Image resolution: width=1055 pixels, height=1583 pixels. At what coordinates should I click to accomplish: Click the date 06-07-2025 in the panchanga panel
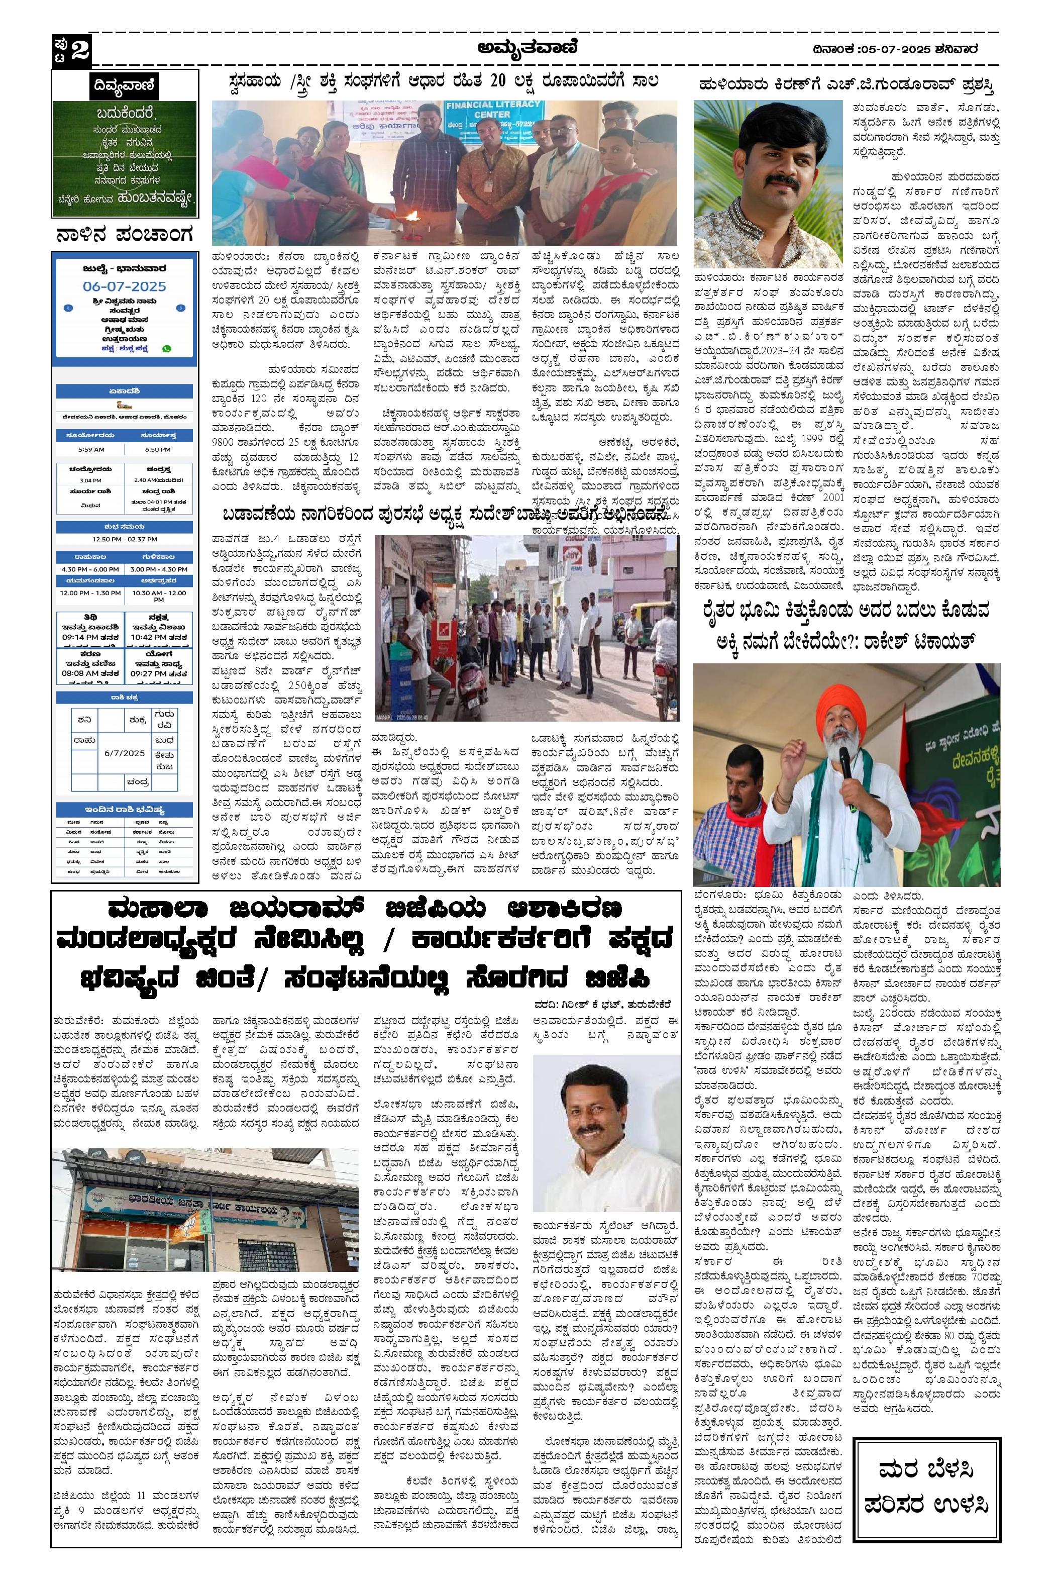pyautogui.click(x=125, y=286)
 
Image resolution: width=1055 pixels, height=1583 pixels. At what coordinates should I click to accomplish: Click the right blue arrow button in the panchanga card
pyautogui.click(x=180, y=308)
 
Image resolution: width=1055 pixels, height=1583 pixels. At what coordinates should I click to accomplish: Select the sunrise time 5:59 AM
pyautogui.click(x=91, y=449)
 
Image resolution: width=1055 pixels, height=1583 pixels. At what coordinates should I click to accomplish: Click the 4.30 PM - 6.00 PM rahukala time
pyautogui.click(x=91, y=569)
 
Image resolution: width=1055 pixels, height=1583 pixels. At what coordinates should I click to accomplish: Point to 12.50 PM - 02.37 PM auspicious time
pyautogui.click(x=125, y=539)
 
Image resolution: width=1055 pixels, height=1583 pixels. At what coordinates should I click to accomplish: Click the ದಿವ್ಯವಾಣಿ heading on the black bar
pyautogui.click(x=125, y=85)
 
